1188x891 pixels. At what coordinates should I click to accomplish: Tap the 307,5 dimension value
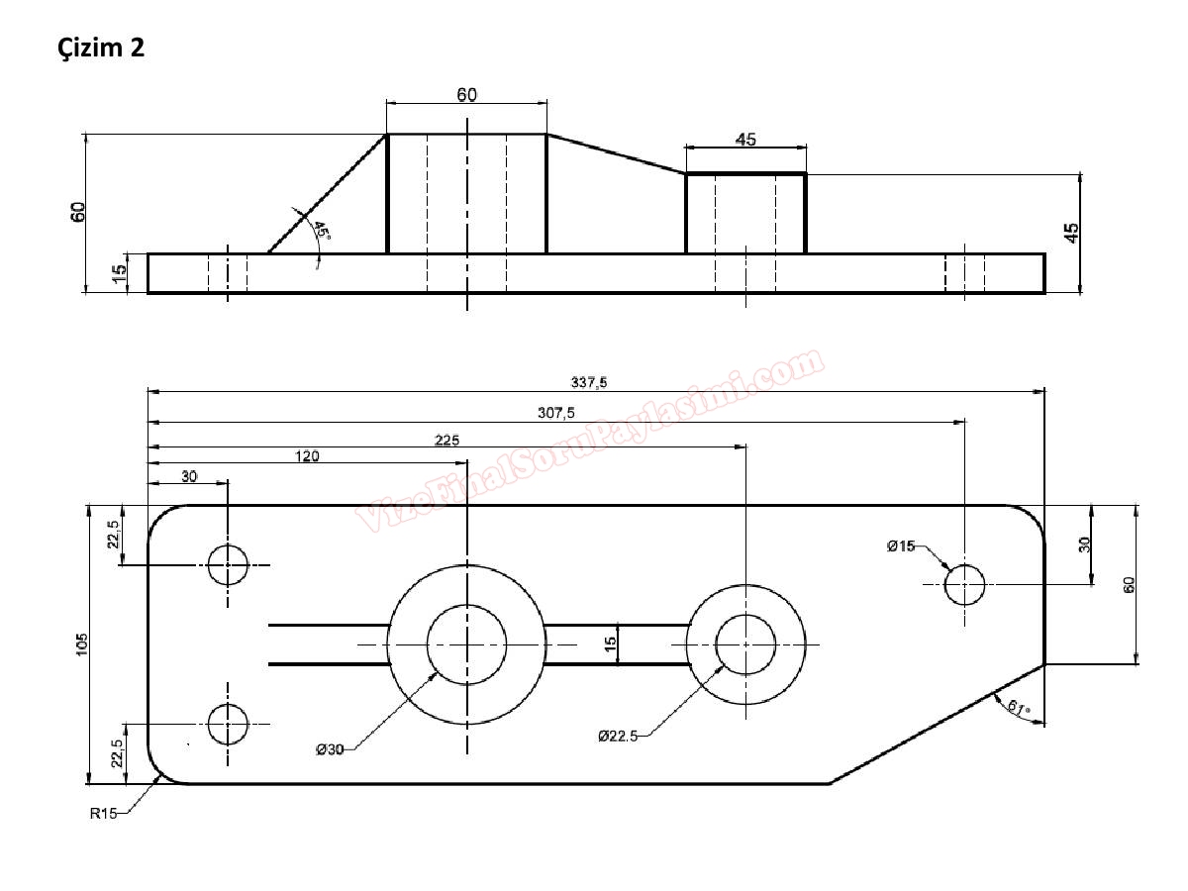(556, 413)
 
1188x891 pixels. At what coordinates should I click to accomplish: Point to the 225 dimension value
(447, 440)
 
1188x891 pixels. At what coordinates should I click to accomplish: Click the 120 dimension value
(308, 456)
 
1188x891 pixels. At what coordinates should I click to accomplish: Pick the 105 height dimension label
(81, 643)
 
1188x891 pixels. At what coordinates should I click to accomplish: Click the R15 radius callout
(103, 814)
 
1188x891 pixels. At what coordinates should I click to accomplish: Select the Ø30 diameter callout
(330, 749)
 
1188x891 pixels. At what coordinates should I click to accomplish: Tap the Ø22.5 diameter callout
(618, 736)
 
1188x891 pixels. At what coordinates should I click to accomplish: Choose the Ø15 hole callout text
(901, 545)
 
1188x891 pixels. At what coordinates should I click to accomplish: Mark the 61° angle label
(1017, 707)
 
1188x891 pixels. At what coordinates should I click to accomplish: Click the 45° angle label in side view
(321, 231)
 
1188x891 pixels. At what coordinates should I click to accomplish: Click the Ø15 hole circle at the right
(964, 584)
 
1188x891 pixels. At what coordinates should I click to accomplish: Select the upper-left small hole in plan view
(228, 565)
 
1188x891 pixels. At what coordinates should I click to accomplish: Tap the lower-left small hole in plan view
(228, 725)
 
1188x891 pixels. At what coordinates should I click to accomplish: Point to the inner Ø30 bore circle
(466, 644)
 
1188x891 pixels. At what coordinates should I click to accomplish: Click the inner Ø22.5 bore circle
(745, 644)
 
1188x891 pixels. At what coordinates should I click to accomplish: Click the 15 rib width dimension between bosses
(611, 643)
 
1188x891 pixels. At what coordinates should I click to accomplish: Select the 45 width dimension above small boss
(745, 140)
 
